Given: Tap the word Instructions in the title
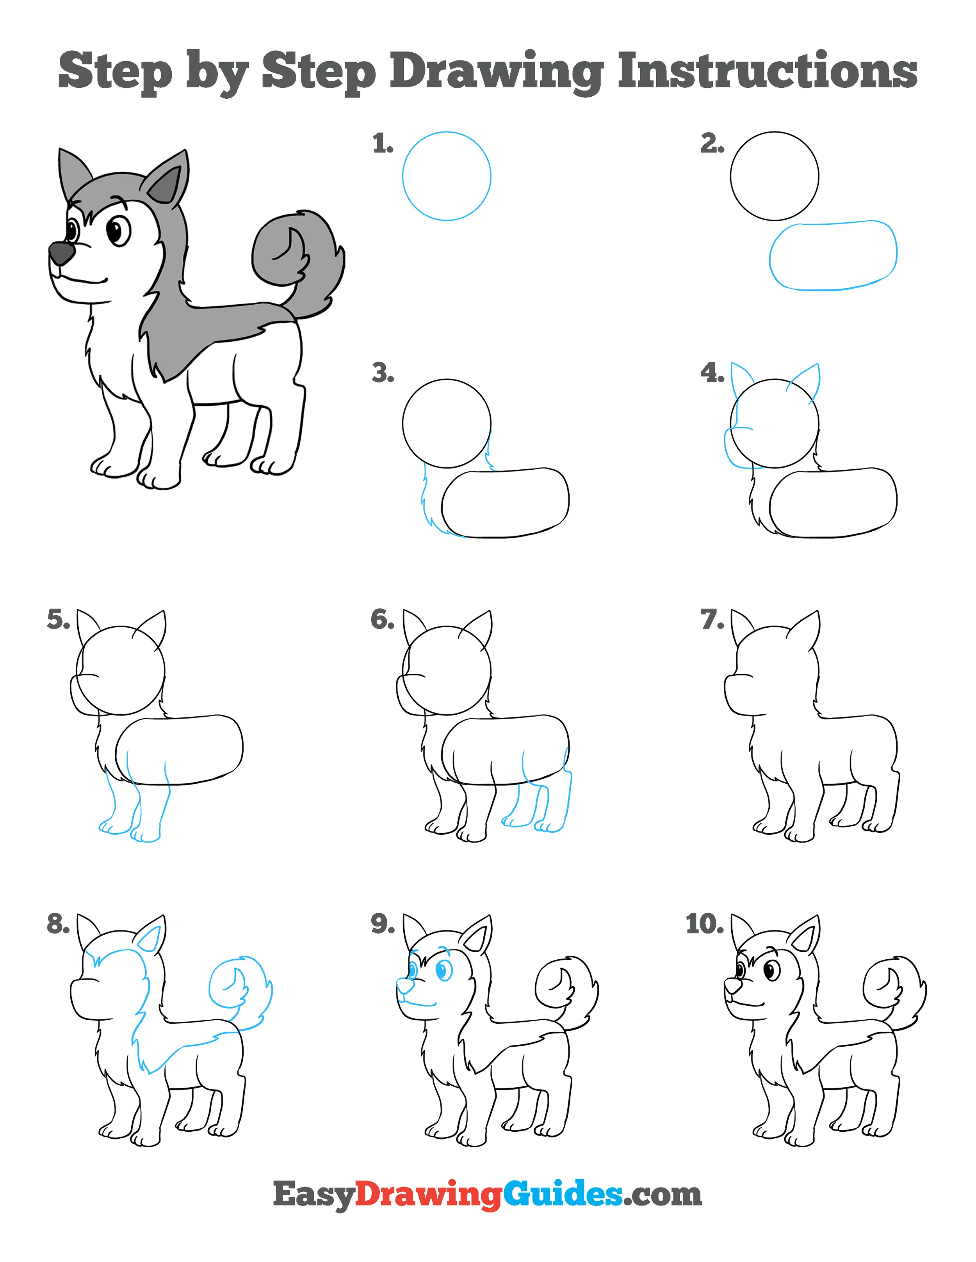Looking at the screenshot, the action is pyautogui.click(x=767, y=71).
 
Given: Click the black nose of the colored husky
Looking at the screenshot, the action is pyautogui.click(x=61, y=252).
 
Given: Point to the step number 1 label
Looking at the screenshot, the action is pyautogui.click(x=383, y=143).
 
